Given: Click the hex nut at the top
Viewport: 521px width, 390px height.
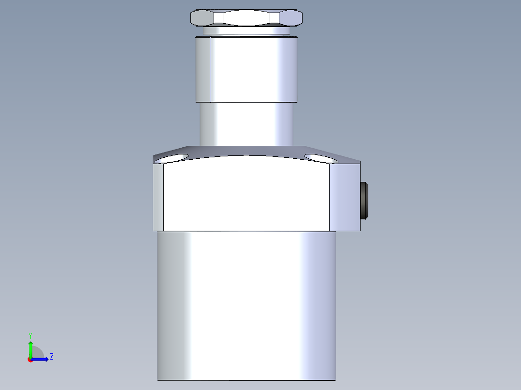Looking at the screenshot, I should [246, 18].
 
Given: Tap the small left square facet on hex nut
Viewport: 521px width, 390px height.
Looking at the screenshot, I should [218, 18].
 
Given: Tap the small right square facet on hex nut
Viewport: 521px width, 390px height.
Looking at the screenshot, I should [275, 18].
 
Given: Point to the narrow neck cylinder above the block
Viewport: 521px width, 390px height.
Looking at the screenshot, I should [246, 124].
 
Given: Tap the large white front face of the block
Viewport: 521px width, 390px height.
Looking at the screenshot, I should [246, 195].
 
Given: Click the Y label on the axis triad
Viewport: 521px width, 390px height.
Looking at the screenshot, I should [30, 334].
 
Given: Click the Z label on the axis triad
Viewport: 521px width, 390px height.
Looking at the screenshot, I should [51, 357].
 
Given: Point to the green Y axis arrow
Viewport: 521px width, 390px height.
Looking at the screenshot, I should [30, 348].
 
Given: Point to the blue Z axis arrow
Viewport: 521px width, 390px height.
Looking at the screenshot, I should [42, 359].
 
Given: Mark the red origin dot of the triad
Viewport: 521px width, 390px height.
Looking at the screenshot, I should [30, 360].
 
